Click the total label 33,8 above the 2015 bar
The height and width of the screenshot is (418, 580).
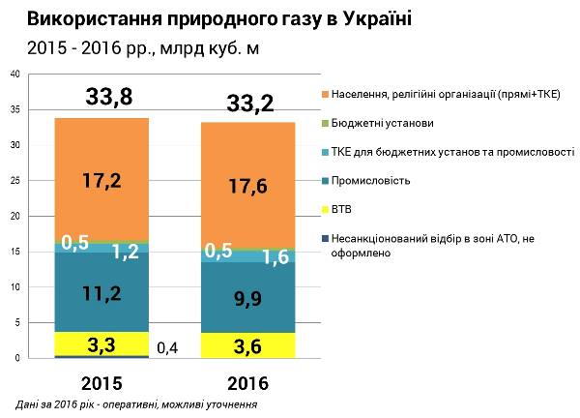101,97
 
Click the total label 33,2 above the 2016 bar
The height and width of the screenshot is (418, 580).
249,103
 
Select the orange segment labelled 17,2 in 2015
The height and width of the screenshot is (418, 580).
101,179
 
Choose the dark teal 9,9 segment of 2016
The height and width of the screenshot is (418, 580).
249,300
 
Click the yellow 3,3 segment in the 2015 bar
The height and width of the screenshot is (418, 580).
101,343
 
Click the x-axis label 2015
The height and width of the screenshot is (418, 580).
101,382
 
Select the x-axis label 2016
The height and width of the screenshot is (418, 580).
249,382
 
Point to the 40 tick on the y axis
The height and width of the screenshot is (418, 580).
13,75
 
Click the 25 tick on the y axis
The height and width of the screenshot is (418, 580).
13,181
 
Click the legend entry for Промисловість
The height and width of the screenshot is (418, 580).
370,180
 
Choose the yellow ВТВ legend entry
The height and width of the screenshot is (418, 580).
342,208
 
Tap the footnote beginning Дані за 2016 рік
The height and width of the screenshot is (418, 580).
135,404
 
